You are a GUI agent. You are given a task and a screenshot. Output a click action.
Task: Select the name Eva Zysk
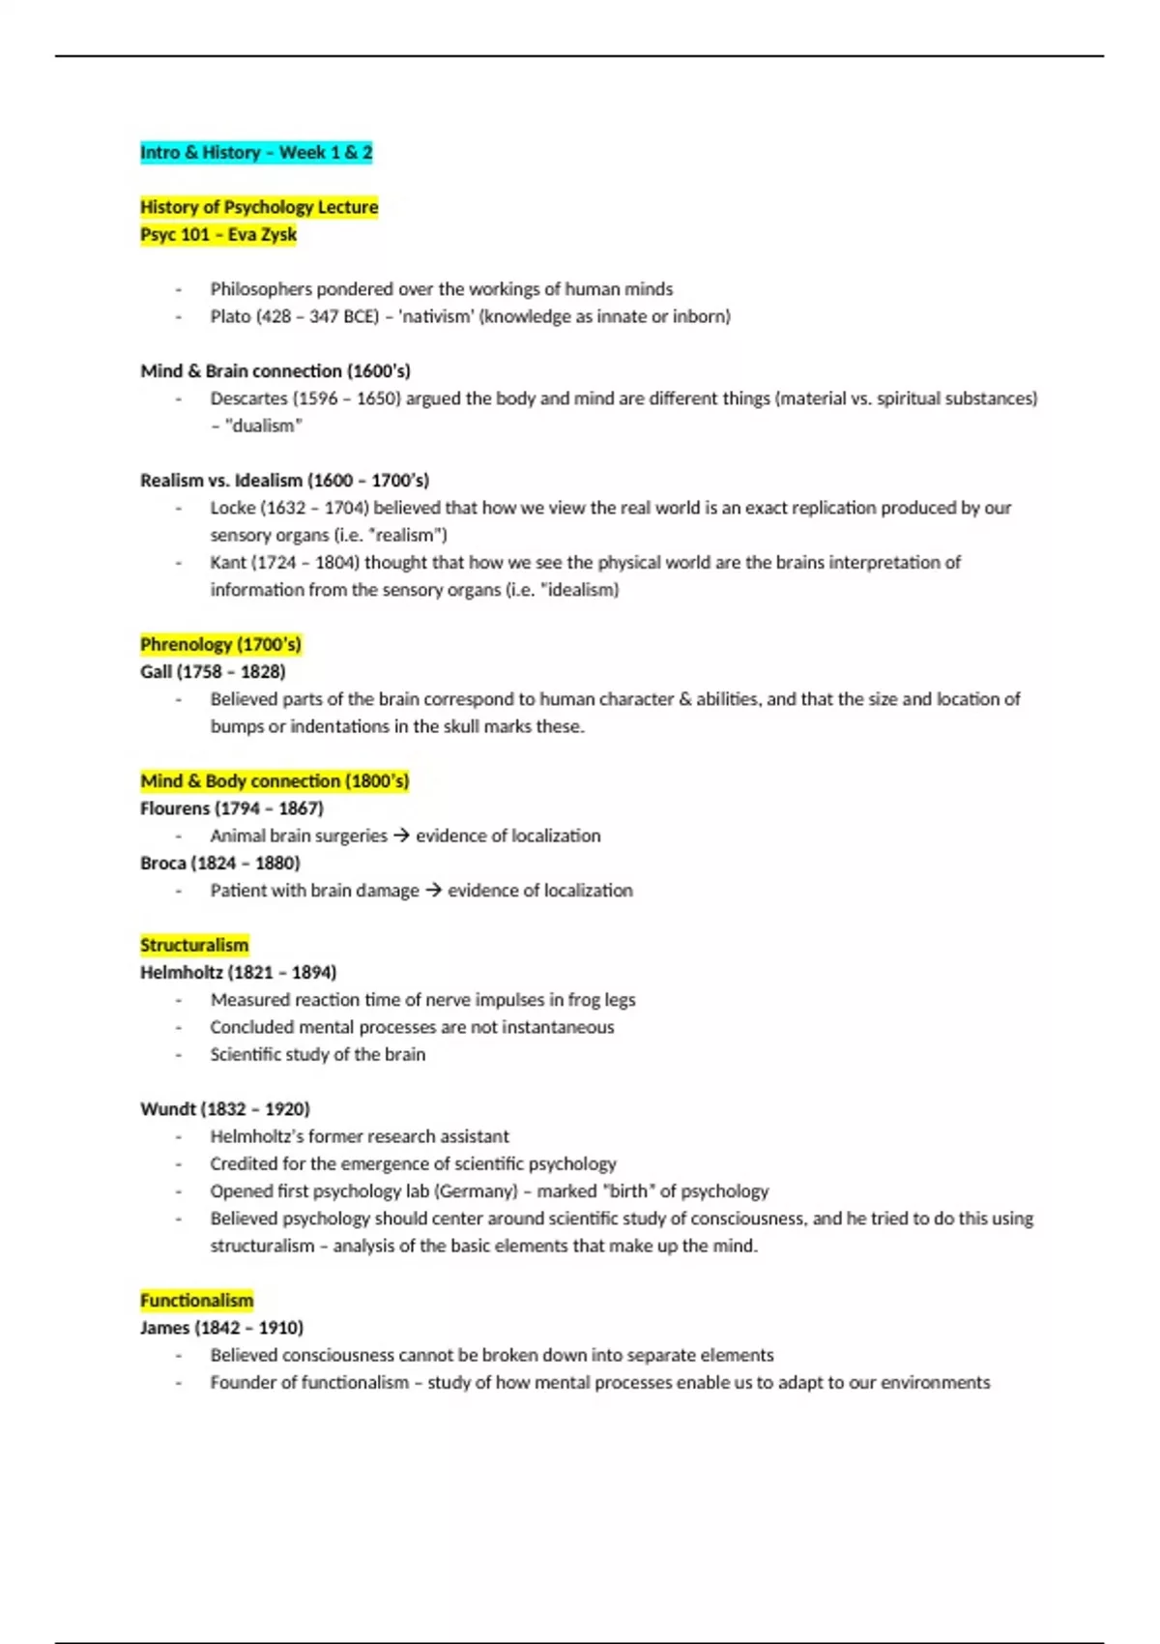point(262,235)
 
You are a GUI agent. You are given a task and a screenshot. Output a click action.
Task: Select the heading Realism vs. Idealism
point(284,481)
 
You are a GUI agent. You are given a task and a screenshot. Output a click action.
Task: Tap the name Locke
point(232,509)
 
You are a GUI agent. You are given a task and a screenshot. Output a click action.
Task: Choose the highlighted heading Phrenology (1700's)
point(220,645)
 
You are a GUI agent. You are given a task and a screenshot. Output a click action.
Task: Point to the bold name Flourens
point(175,808)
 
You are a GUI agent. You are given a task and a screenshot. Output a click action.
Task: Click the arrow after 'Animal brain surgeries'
point(401,837)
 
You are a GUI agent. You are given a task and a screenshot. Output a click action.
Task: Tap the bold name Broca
point(163,864)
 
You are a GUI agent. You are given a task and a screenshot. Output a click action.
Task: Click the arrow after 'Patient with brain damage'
point(433,891)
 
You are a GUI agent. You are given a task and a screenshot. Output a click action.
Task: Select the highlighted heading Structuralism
point(194,946)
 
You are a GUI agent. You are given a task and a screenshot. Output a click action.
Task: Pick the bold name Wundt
point(168,1109)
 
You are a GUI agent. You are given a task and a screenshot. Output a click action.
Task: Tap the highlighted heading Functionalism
point(196,1301)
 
